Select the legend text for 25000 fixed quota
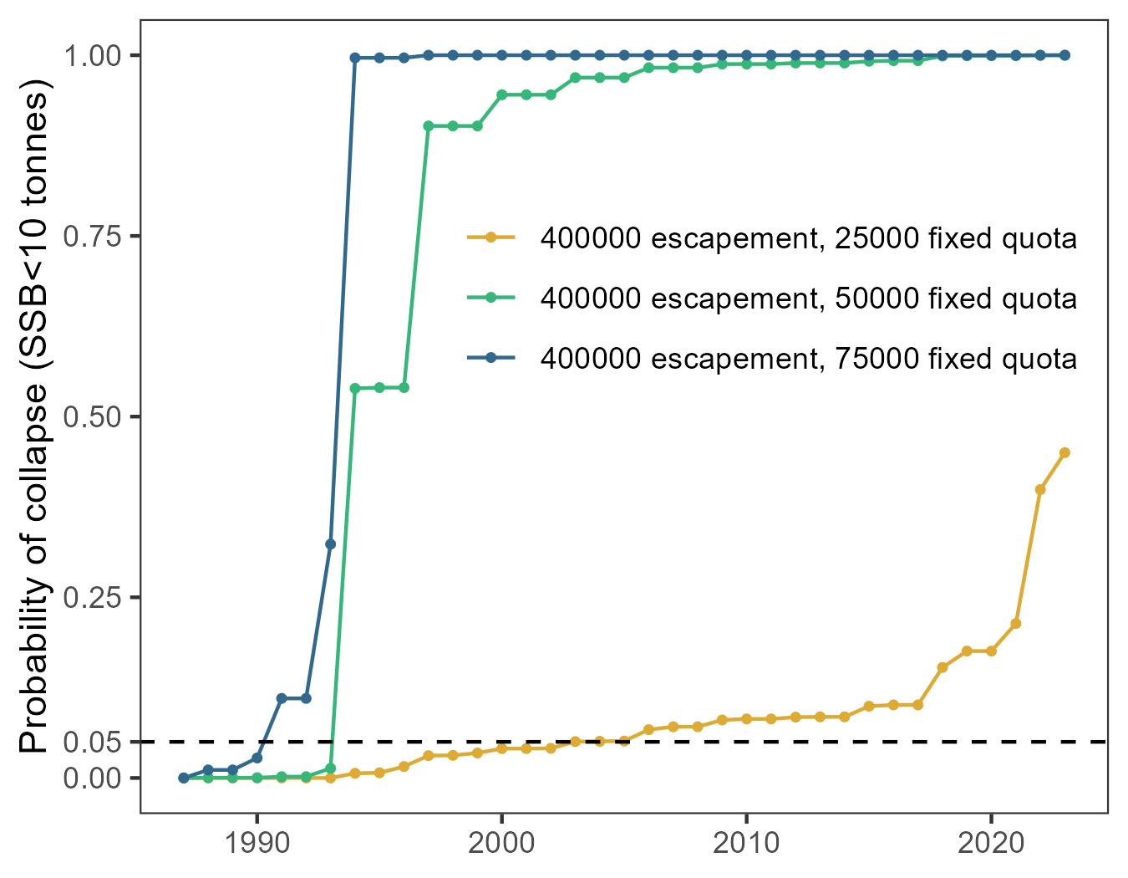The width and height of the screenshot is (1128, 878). coord(808,239)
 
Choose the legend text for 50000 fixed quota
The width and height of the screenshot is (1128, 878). coord(808,299)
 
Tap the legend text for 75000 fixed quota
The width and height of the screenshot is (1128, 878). coord(808,359)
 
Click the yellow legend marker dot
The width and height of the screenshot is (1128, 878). coord(490,238)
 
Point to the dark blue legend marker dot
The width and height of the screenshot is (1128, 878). coord(490,358)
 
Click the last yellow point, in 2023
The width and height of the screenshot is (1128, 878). coord(1064,452)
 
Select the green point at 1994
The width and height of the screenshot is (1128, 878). coord(354,388)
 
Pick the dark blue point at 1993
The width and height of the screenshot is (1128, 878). coord(330,544)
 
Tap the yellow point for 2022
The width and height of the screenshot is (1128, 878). coord(1040,489)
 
